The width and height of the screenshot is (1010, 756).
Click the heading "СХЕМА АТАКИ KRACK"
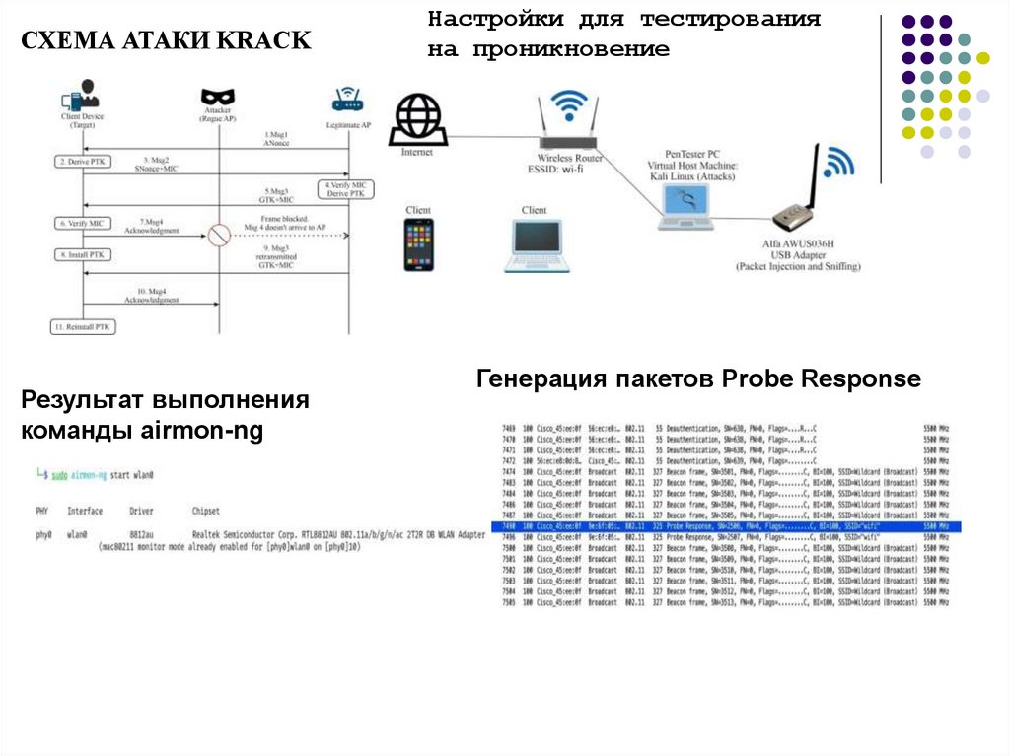pyautogui.click(x=167, y=40)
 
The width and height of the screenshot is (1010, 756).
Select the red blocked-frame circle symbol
pyautogui.click(x=217, y=236)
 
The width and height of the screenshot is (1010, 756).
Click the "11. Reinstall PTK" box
pyautogui.click(x=83, y=327)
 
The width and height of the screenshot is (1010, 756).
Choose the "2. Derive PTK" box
pyautogui.click(x=83, y=161)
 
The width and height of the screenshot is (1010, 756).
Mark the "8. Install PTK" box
pyautogui.click(x=83, y=255)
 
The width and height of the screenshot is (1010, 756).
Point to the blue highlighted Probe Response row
pyautogui.click(x=719, y=527)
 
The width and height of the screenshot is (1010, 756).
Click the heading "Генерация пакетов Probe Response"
pyautogui.click(x=698, y=379)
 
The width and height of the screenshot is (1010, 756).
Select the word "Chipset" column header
pyautogui.click(x=205, y=512)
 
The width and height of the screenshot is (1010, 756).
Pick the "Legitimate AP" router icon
pyautogui.click(x=347, y=100)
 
